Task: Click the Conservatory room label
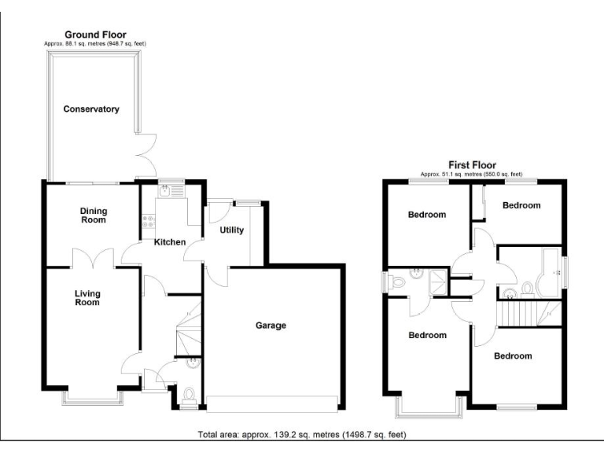pyautogui.click(x=91, y=109)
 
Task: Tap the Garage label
pyautogui.click(x=271, y=326)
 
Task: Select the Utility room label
pyautogui.click(x=231, y=230)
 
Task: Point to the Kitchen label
pyautogui.click(x=170, y=242)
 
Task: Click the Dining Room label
pyautogui.click(x=94, y=215)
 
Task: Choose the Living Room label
pyautogui.click(x=87, y=298)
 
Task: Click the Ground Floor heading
pyautogui.click(x=95, y=35)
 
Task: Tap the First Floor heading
pyautogui.click(x=472, y=165)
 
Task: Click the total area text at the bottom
pyautogui.click(x=302, y=435)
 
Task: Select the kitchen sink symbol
pyautogui.click(x=171, y=191)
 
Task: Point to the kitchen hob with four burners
pyautogui.click(x=149, y=221)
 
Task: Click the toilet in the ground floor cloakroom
pyautogui.click(x=189, y=396)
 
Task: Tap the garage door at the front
pyautogui.click(x=272, y=404)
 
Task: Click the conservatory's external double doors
pyautogui.click(x=146, y=155)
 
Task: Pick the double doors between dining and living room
pyautogui.click(x=94, y=258)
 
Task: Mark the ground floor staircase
pyautogui.click(x=189, y=329)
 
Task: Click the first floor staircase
pyautogui.click(x=529, y=314)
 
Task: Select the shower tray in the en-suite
pyautogui.click(x=438, y=282)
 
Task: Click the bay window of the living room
pyautogui.click(x=93, y=398)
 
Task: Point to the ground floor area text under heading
pyautogui.click(x=95, y=44)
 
